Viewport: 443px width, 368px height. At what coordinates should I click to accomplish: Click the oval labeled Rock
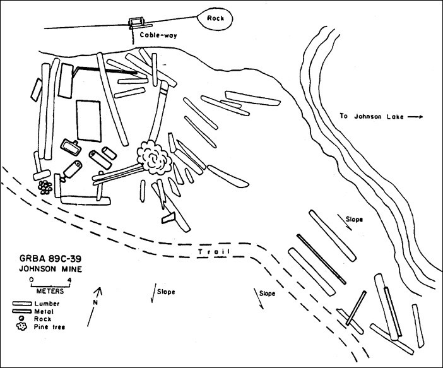[x=217, y=19]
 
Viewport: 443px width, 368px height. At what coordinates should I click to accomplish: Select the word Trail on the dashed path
[x=211, y=252]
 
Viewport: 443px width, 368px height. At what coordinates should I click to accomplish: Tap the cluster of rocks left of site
[x=45, y=187]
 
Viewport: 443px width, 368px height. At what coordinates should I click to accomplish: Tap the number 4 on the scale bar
[x=69, y=278]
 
